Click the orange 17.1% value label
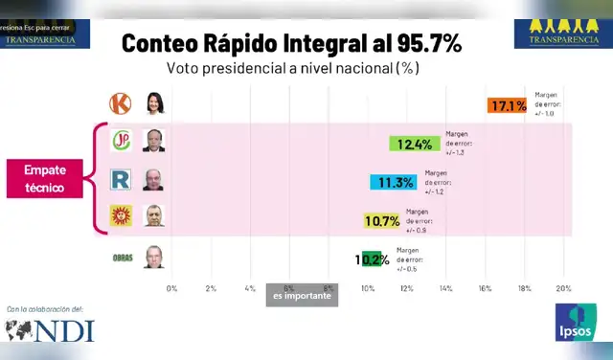tap(508, 105)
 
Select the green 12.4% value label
tap(414, 145)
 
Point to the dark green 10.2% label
tap(372, 259)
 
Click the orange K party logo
tap(122, 102)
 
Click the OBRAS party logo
tap(122, 256)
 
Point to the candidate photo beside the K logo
tap(153, 102)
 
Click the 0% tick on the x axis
tap(171, 288)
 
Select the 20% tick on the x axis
tap(563, 288)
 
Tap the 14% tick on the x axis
tap(445, 288)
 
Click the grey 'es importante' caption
tap(302, 296)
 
